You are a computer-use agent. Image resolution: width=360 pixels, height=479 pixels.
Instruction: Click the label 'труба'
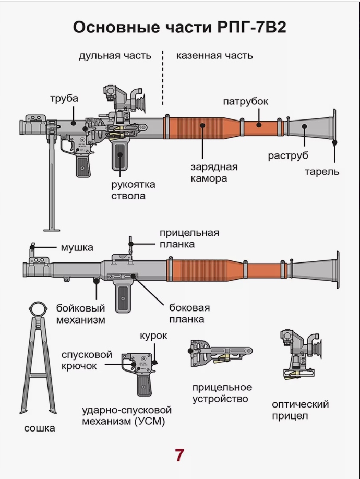click(64, 99)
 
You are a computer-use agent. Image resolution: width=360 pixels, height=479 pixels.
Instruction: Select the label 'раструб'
click(288, 156)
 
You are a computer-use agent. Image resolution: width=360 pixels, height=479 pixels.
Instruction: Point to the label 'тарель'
click(322, 172)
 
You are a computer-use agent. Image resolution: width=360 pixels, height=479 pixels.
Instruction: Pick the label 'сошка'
click(39, 428)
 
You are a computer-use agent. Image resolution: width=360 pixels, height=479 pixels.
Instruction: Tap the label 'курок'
click(153, 336)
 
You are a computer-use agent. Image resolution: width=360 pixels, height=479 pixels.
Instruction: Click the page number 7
click(179, 455)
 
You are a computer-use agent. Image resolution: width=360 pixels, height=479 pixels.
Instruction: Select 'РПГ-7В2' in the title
click(251, 28)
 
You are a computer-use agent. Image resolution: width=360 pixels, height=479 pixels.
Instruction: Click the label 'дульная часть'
click(115, 55)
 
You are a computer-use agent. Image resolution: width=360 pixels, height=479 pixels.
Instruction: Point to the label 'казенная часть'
click(214, 55)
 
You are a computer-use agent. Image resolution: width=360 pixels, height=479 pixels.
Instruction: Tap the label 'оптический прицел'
click(300, 410)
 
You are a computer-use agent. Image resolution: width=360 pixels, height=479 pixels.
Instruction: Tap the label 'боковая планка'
click(186, 313)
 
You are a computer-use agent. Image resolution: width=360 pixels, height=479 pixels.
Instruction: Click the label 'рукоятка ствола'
click(133, 190)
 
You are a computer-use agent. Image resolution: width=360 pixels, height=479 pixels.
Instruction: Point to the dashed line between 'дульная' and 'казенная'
click(163, 78)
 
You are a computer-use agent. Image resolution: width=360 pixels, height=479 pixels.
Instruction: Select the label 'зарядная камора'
click(214, 173)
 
